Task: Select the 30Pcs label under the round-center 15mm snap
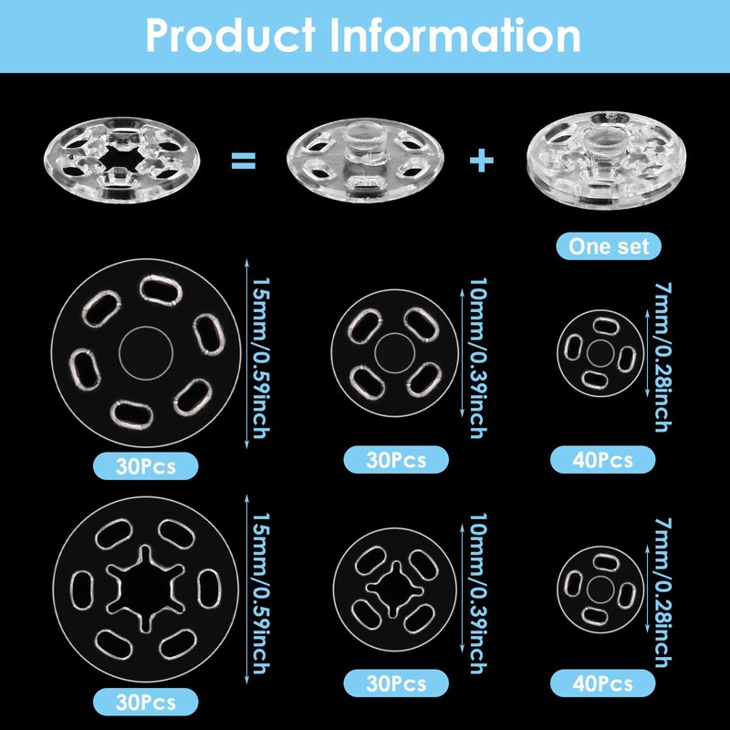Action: [x=146, y=466]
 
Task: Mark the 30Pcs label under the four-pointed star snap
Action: [x=397, y=682]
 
